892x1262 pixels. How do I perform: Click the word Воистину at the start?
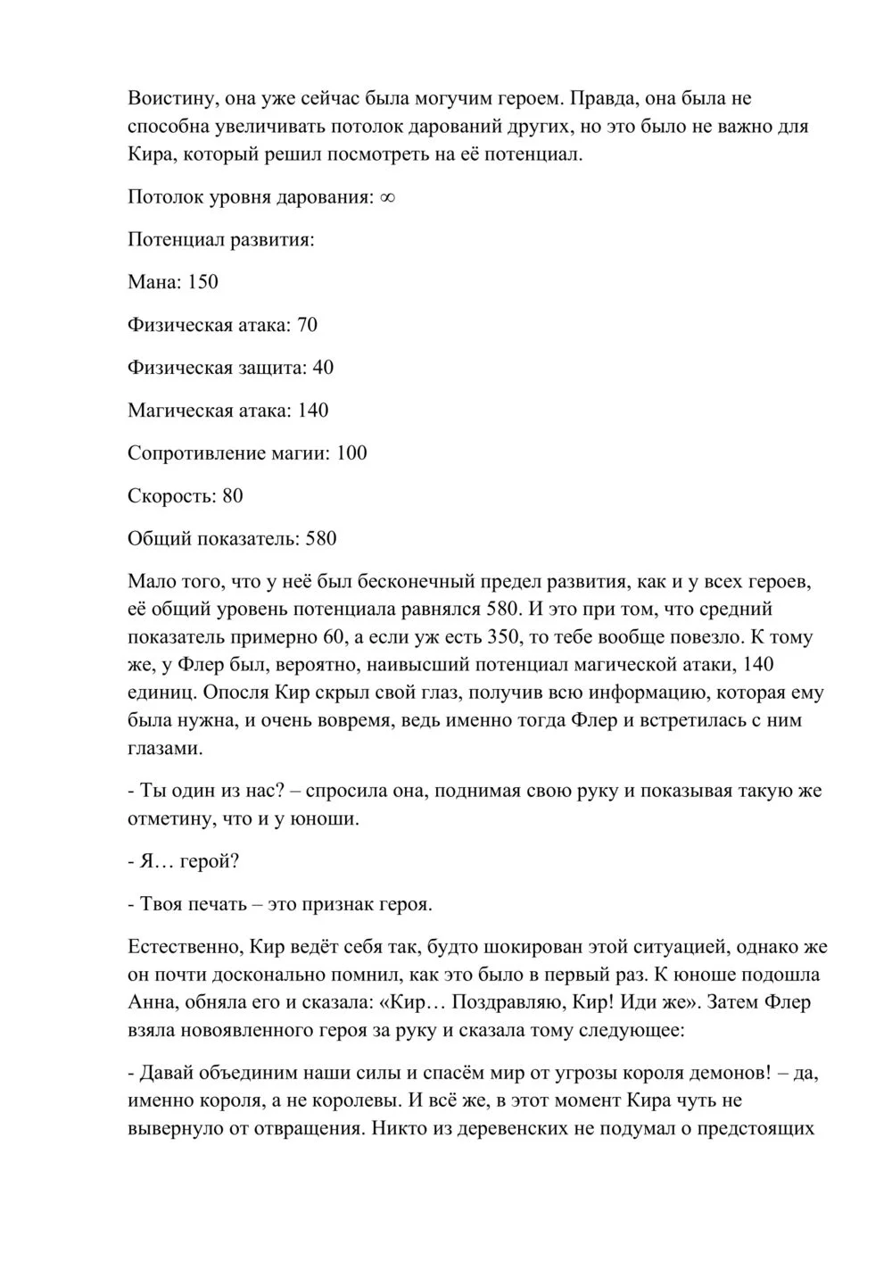pos(170,97)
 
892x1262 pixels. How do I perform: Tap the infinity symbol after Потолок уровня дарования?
pos(387,197)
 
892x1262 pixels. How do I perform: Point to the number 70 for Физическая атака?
pos(307,325)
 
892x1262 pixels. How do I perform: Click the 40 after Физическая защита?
pos(323,368)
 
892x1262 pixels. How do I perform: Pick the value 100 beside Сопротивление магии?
pos(351,453)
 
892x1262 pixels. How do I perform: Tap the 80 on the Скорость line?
pos(233,496)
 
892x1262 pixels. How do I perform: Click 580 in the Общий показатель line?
pos(321,539)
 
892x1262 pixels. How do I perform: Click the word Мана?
pos(153,282)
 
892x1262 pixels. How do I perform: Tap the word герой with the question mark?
pos(208,862)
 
